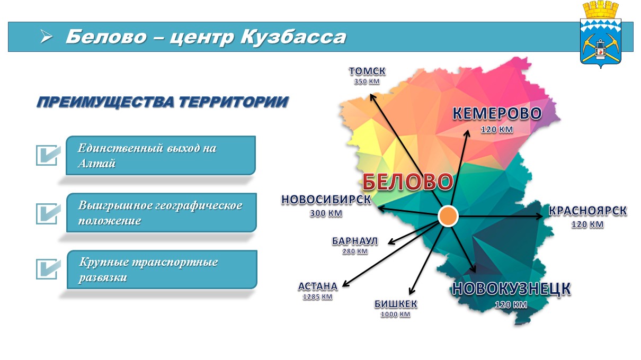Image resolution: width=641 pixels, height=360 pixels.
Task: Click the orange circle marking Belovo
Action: click(448, 216)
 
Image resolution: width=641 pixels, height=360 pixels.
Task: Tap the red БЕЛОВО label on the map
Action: click(408, 182)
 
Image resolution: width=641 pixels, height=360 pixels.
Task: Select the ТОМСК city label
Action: click(367, 71)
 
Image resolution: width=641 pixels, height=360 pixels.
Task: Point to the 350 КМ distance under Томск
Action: click(367, 82)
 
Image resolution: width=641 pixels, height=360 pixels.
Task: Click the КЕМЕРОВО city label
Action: click(497, 113)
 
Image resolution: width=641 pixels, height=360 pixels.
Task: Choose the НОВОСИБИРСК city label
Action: click(326, 200)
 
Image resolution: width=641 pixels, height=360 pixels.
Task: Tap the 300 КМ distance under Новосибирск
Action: click(326, 213)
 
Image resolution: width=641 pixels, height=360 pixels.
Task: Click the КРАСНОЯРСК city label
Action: click(587, 211)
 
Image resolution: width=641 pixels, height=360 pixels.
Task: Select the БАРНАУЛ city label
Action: click(355, 241)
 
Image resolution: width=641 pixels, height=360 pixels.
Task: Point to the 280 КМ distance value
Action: click(355, 251)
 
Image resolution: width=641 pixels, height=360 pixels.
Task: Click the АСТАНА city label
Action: click(318, 286)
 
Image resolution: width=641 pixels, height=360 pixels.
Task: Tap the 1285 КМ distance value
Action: click(318, 297)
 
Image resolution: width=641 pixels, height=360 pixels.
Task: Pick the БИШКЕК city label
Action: click(396, 304)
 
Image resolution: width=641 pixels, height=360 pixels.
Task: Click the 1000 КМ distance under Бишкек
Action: click(396, 314)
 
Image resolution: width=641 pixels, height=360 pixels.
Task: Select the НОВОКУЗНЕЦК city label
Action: click(511, 289)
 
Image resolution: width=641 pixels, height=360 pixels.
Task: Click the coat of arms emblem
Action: click(601, 34)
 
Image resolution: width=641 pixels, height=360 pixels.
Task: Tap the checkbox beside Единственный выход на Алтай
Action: click(48, 155)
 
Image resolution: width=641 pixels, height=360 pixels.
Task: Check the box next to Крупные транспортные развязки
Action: click(48, 269)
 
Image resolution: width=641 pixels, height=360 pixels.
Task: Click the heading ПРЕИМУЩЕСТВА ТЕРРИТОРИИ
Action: click(163, 102)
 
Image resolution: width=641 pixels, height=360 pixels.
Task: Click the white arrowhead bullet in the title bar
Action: click(46, 37)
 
